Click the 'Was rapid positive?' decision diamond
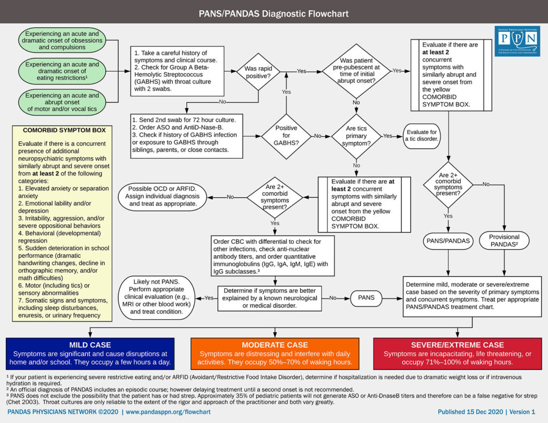[x=259, y=73]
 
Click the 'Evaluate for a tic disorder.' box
[x=422, y=136]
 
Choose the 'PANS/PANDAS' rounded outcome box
[x=448, y=241]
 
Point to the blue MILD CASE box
[x=90, y=353]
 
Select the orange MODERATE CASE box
[x=275, y=353]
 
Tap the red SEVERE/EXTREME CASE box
[x=457, y=353]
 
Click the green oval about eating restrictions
[x=62, y=72]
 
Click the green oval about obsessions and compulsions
[x=62, y=40]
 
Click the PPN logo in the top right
[x=517, y=40]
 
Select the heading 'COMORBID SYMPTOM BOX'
[x=64, y=130]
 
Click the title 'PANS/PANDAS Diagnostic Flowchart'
[x=273, y=12]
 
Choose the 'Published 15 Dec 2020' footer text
[x=486, y=412]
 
